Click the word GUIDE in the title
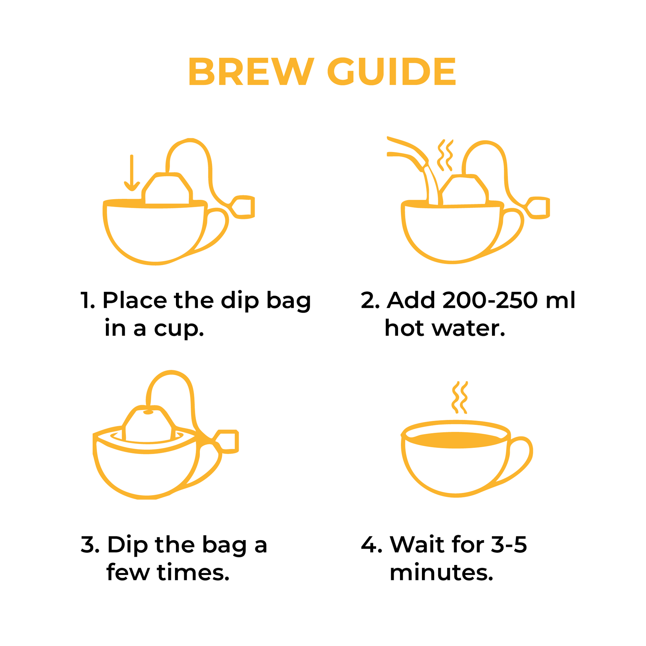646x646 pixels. (x=391, y=71)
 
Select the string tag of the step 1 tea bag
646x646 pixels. (x=243, y=207)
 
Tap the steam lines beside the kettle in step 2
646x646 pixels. (x=445, y=155)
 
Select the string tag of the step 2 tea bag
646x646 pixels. (x=538, y=208)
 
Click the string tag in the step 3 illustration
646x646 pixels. (x=227, y=442)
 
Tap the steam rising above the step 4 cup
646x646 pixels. (x=460, y=398)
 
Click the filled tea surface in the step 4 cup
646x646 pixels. (x=456, y=440)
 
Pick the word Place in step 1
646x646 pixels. (x=135, y=300)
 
